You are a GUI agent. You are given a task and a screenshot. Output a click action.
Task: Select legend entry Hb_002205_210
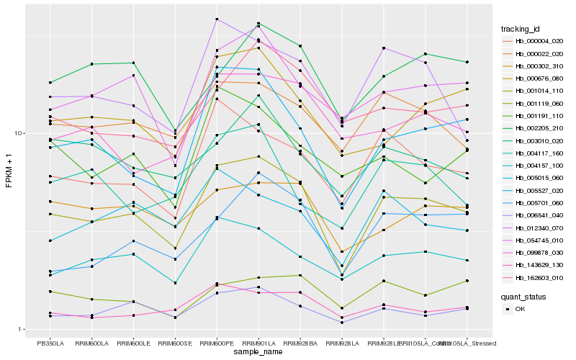point(539,127)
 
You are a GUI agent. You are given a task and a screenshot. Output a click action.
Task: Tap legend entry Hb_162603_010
point(539,277)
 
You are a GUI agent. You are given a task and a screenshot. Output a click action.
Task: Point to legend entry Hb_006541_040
point(539,215)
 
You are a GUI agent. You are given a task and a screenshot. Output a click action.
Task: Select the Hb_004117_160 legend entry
point(539,153)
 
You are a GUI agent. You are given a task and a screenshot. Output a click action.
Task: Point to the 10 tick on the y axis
point(21,133)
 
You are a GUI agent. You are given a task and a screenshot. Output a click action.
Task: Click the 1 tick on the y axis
point(22,330)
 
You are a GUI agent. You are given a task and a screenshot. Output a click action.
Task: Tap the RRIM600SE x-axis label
point(175,343)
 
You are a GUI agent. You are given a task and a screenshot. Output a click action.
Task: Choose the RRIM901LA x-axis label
point(258,343)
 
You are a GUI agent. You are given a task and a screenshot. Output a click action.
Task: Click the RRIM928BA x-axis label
point(300,343)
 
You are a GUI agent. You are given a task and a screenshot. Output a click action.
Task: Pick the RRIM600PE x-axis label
point(216,343)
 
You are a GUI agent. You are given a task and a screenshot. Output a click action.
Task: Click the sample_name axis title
point(258,353)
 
